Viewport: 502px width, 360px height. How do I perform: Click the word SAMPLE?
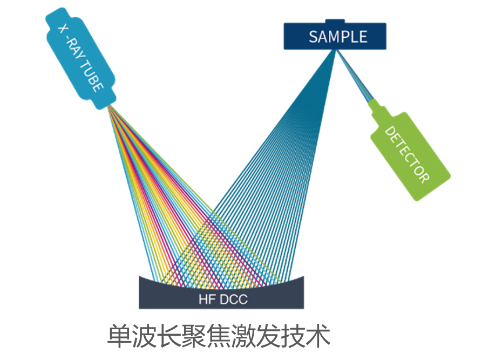pos(338,37)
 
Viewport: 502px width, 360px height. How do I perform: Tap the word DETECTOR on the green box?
pos(406,155)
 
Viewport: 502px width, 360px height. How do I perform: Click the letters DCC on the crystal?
pos(234,300)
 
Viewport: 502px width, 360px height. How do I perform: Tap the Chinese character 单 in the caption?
pos(119,336)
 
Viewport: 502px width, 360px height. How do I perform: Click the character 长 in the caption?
pos(169,336)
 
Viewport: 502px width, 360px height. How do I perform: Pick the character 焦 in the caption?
pos(219,336)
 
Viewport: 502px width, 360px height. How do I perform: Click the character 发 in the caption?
pos(268,336)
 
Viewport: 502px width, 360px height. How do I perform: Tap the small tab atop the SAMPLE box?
pos(335,21)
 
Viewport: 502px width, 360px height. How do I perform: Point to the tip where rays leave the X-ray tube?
pos(108,106)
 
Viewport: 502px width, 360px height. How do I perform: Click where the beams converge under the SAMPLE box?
pos(336,50)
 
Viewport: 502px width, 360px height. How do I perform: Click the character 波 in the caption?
pos(144,336)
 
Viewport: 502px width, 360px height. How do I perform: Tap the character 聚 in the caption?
pos(194,336)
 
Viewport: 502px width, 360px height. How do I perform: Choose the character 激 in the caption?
pos(243,336)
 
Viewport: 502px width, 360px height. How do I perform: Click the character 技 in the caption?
pos(293,336)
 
